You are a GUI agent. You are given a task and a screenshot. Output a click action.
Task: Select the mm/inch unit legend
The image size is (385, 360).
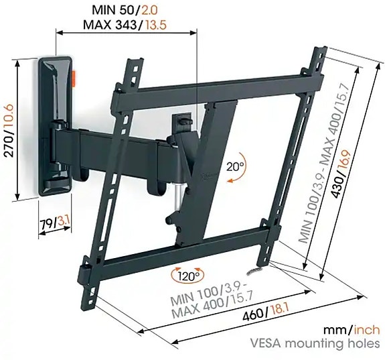(350, 329)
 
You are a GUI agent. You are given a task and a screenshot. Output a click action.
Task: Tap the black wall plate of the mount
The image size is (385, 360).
(54, 101)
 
